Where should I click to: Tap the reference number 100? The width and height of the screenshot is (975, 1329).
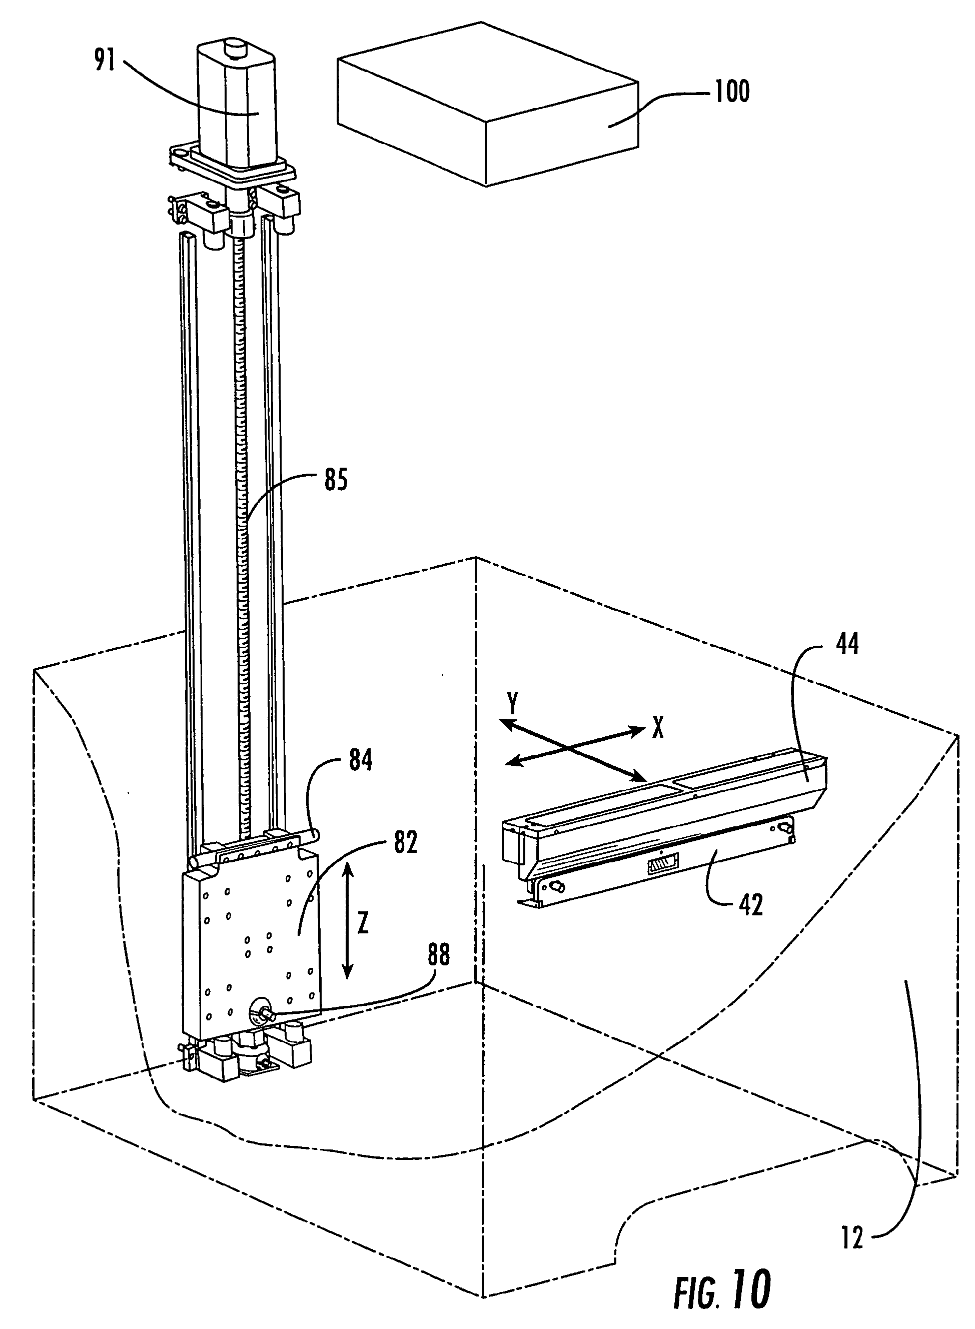(x=732, y=92)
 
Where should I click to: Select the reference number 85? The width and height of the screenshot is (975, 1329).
(x=335, y=480)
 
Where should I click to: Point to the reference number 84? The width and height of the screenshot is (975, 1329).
(x=360, y=760)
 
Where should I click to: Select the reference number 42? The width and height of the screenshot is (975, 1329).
(x=750, y=905)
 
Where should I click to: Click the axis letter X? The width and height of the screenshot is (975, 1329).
(x=657, y=729)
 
